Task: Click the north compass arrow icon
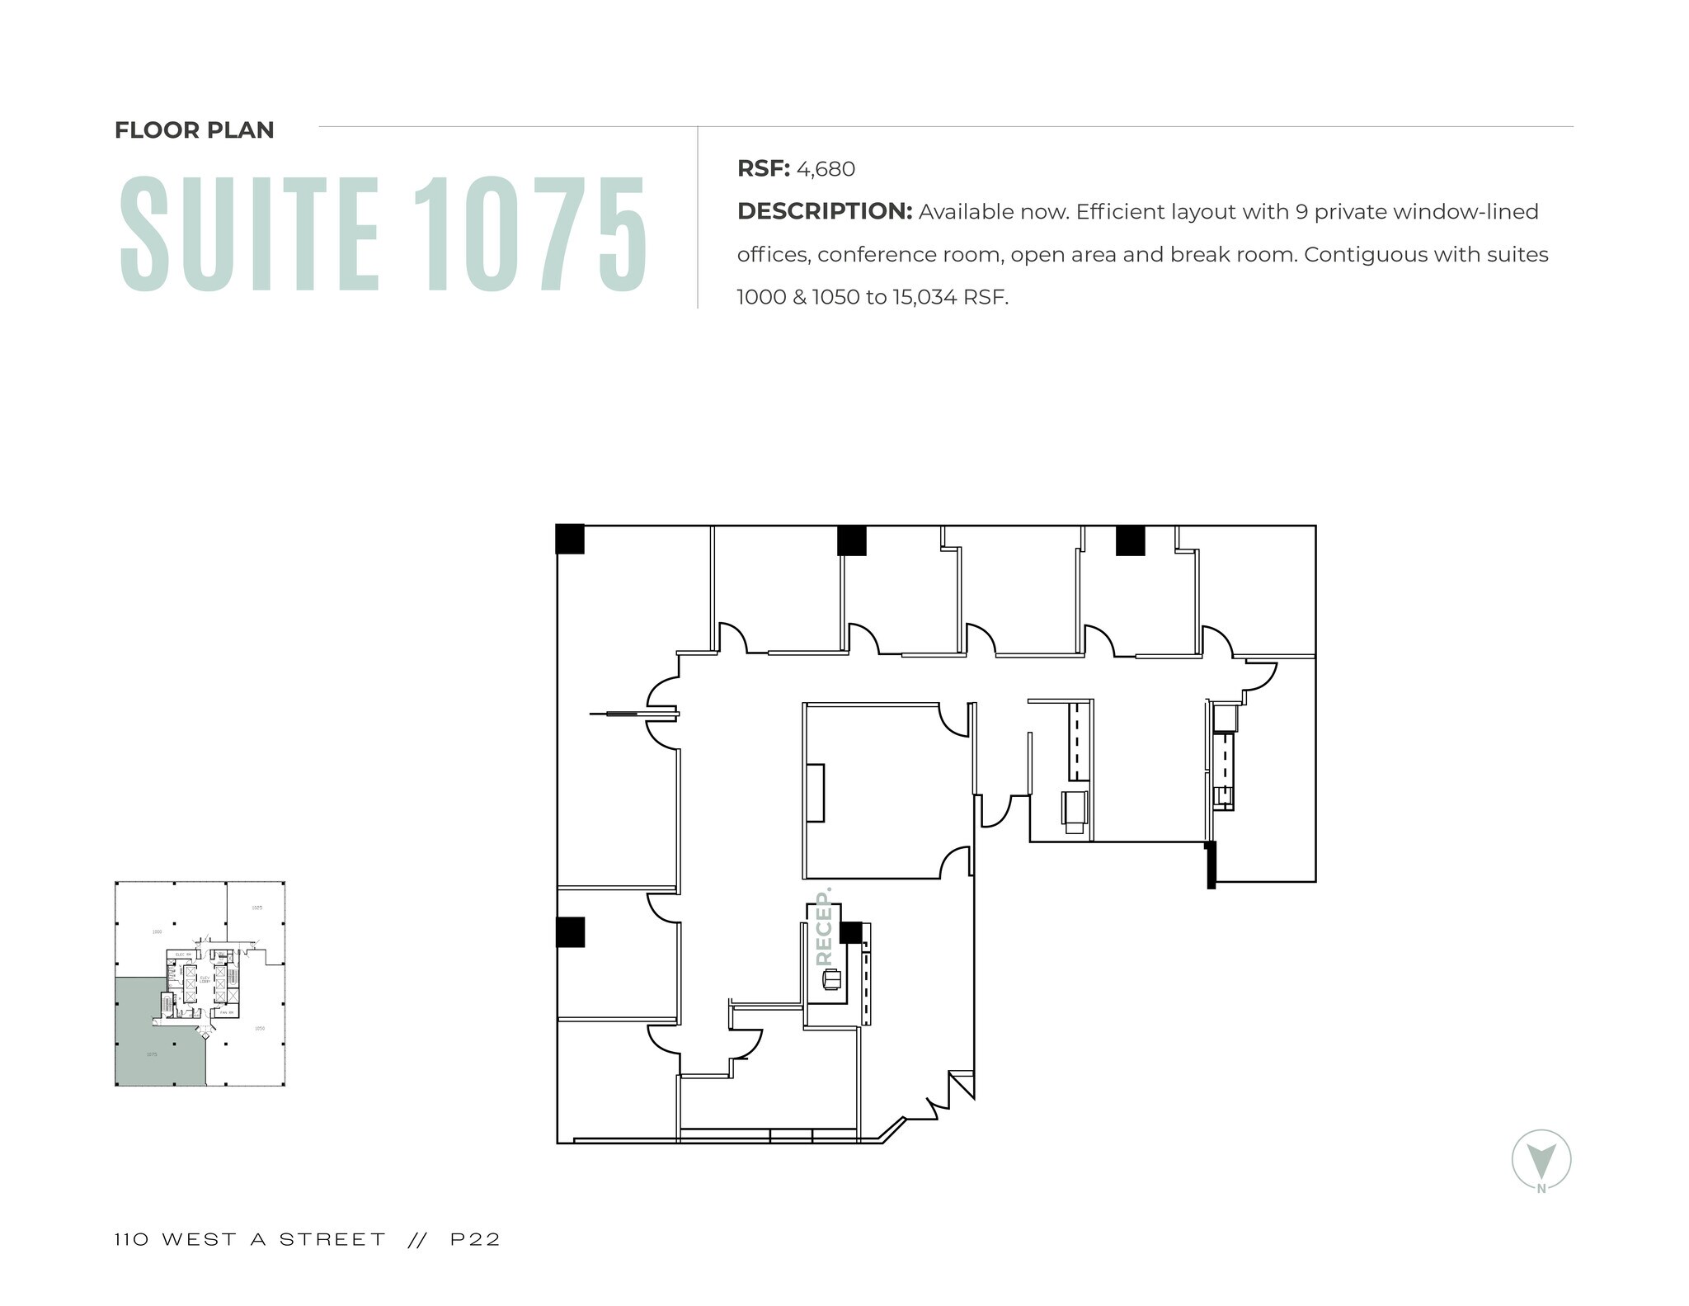[x=1541, y=1158]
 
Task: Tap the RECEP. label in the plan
[x=823, y=927]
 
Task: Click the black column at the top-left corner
[x=570, y=539]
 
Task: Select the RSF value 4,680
[x=826, y=169]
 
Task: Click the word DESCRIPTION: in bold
[x=824, y=212]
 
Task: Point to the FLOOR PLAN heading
[x=194, y=130]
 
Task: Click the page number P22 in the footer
[x=475, y=1239]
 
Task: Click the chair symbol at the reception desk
[x=831, y=979]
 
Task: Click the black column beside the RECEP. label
[x=850, y=932]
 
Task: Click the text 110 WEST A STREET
[x=250, y=1239]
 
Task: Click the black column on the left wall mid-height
[x=570, y=931]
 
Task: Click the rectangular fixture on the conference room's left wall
[x=815, y=793]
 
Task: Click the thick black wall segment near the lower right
[x=1211, y=865]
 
